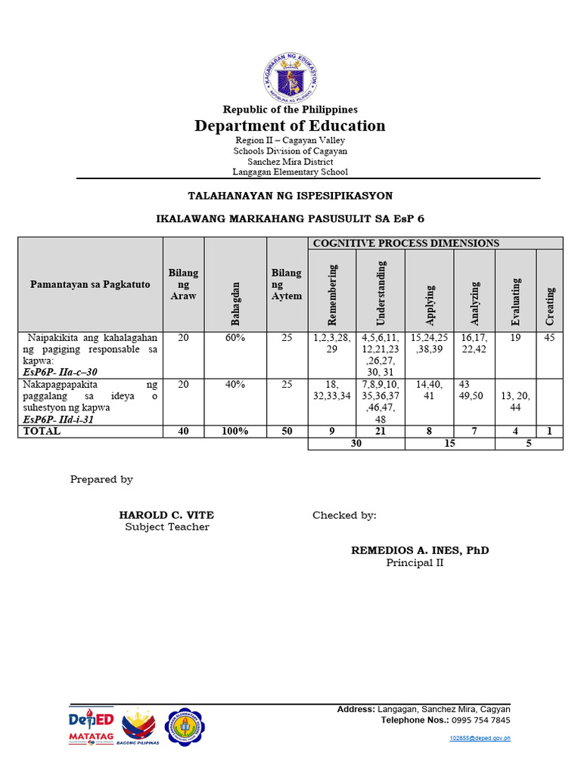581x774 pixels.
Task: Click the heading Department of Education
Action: [x=290, y=125]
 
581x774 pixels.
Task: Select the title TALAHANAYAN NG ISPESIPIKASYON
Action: [x=290, y=196]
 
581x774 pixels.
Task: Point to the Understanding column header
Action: [x=381, y=289]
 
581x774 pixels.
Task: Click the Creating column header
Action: [x=549, y=305]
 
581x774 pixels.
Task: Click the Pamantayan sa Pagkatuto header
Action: [x=90, y=284]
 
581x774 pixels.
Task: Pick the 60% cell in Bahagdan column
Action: [x=235, y=339]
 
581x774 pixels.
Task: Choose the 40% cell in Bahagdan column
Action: [x=235, y=385]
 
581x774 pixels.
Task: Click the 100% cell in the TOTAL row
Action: [x=235, y=431]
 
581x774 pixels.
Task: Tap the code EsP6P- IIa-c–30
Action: [x=61, y=373]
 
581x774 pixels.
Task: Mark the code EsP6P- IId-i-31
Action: [x=58, y=420]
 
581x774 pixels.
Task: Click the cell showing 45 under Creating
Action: [x=549, y=339]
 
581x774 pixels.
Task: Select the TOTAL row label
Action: [x=42, y=431]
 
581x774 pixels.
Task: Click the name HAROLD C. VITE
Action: [x=172, y=515]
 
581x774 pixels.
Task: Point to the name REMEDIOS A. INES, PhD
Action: [x=420, y=550]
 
